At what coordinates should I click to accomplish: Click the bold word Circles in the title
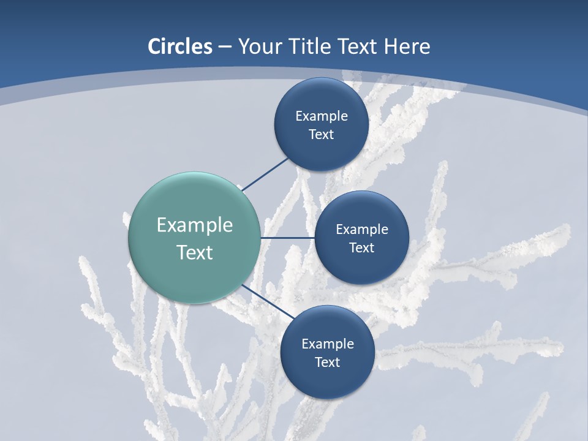point(179,47)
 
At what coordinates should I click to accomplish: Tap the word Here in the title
point(407,47)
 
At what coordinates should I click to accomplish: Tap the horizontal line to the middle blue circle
point(287,238)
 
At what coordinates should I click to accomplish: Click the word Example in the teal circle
point(195,225)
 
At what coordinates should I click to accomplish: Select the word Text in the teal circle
point(195,252)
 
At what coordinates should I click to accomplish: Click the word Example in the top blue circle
point(322,116)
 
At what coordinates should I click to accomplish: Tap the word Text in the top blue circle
point(321,135)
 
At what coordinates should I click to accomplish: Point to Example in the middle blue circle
point(362,230)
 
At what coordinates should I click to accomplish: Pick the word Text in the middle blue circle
point(361,248)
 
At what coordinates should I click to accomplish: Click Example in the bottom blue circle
point(328,344)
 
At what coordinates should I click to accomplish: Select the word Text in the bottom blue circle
point(327,363)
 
